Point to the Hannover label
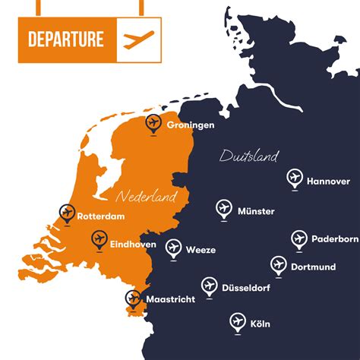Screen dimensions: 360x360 tap(328, 182)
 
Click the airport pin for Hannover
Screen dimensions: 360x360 tap(294, 178)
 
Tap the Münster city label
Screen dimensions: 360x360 tap(256, 211)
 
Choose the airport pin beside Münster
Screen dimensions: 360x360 tap(223, 208)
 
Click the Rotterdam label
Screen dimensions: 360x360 tap(100, 216)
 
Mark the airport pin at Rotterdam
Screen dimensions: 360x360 tap(66, 213)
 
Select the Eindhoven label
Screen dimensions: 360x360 tap(133, 244)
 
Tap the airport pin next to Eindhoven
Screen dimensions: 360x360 tap(99, 241)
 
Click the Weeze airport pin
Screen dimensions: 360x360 tap(173, 248)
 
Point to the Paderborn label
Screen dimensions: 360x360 tap(334, 239)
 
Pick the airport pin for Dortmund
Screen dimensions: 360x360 tap(278, 265)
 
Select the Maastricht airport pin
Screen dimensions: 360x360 tap(134, 298)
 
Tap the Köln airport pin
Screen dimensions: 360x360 tap(238, 321)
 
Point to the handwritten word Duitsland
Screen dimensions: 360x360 tap(248, 156)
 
